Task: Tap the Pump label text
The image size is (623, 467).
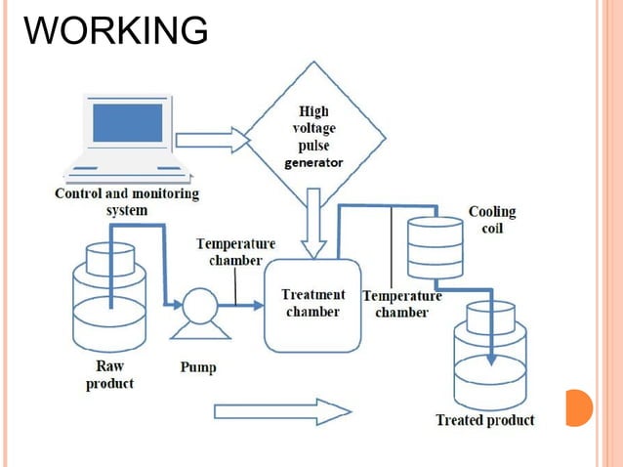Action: tap(198, 368)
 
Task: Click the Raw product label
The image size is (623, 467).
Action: tap(109, 376)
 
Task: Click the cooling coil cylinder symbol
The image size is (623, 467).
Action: tap(434, 246)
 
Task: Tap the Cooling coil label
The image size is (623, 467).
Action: tap(492, 220)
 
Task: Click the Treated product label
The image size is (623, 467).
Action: tap(484, 420)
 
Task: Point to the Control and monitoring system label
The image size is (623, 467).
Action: tap(126, 201)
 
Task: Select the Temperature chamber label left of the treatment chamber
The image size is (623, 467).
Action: tap(235, 252)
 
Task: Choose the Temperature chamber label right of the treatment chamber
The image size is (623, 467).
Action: tap(401, 304)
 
